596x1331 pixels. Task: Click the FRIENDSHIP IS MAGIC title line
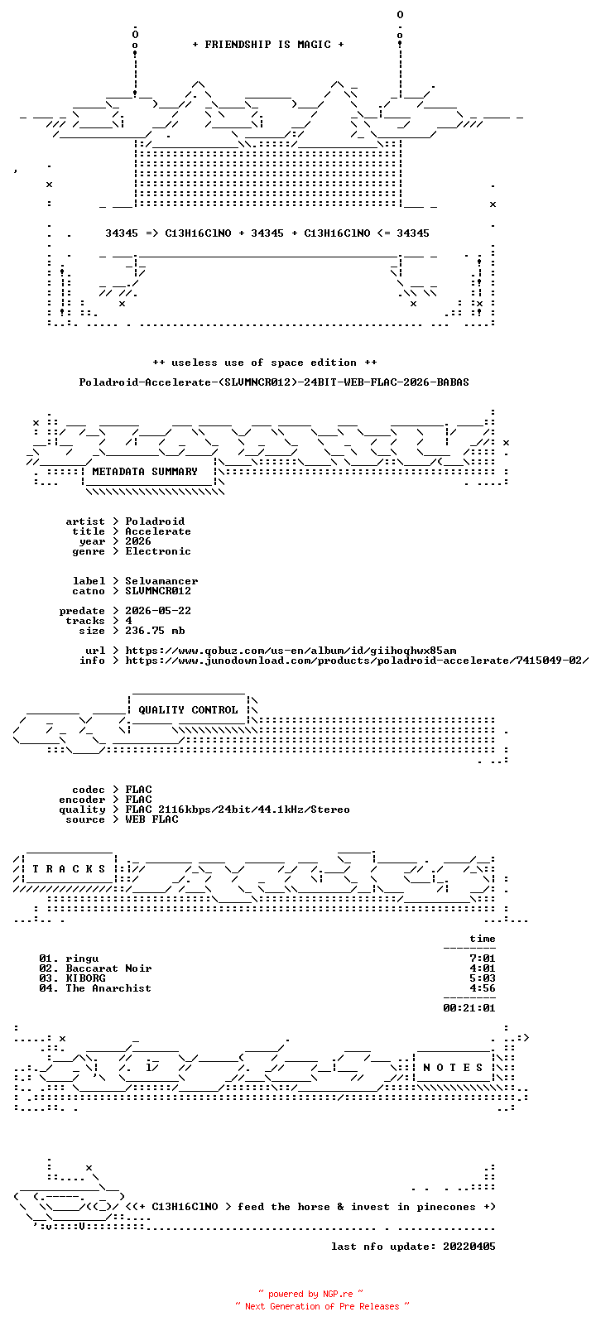pos(268,45)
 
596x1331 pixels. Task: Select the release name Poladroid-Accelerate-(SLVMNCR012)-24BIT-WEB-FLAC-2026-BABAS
pos(274,382)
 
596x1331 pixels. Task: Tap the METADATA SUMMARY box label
pos(144,472)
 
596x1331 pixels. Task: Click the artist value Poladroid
pos(155,521)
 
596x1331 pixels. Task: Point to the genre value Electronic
pos(158,551)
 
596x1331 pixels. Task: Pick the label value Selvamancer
pos(161,581)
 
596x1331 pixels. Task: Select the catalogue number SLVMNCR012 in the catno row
pos(158,591)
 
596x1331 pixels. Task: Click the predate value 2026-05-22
pos(158,611)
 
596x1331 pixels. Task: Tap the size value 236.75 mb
pos(155,631)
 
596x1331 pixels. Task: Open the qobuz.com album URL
pos(291,651)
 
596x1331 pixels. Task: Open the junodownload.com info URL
pos(357,661)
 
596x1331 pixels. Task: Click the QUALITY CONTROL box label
pos(188,710)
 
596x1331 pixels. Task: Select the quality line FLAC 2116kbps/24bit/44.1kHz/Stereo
pos(237,810)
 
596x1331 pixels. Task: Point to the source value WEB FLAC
pos(151,819)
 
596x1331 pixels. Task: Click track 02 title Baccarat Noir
pos(108,968)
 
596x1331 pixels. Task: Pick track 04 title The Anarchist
pos(108,989)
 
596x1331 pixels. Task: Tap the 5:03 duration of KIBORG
pos(482,978)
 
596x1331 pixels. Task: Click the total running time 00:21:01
pos(469,1008)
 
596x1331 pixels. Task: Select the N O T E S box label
pos(454,1068)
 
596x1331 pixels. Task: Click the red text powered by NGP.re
pos(310,1294)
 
